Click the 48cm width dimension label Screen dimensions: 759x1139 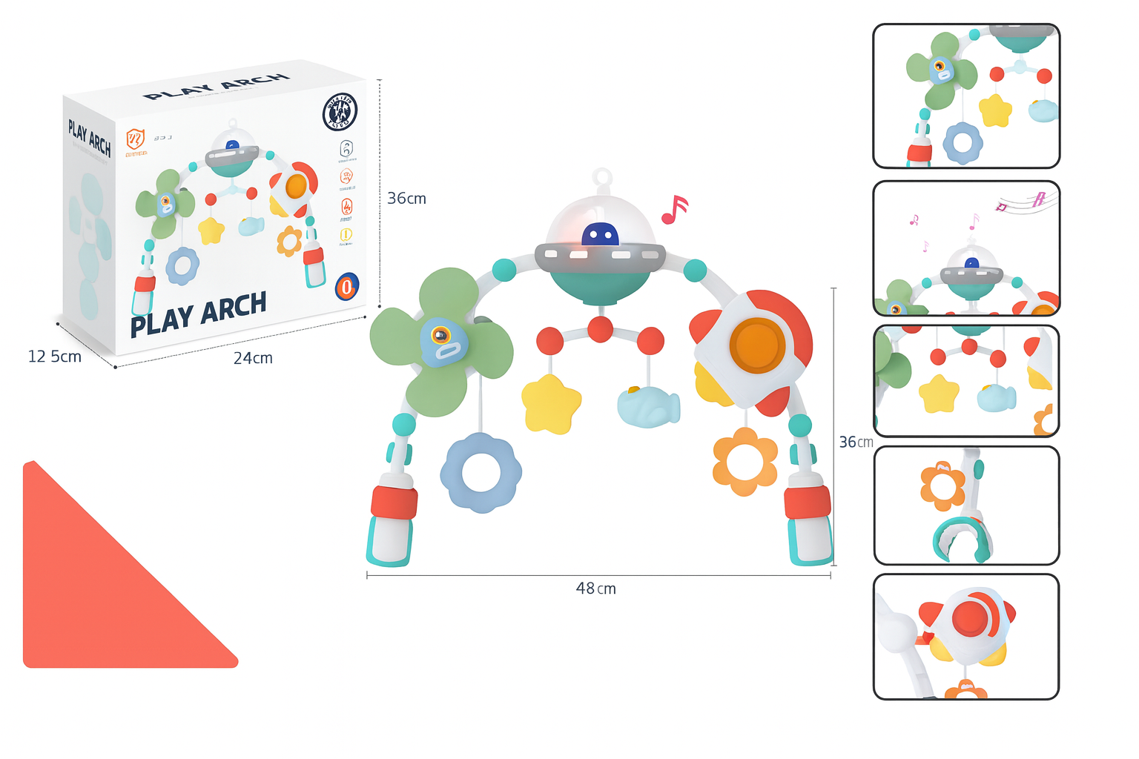coord(595,589)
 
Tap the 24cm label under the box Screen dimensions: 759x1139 coord(253,358)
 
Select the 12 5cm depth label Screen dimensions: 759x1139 coord(54,357)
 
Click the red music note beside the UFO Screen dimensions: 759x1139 coord(674,210)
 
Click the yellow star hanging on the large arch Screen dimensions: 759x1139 coord(550,403)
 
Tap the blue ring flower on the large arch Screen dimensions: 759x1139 coord(481,473)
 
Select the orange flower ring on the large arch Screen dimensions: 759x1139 coord(745,461)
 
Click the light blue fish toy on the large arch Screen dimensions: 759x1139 coord(647,407)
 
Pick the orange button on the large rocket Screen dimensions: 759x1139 coord(756,346)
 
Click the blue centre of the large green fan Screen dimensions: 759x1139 coord(443,342)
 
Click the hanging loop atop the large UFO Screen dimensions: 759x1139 coord(601,178)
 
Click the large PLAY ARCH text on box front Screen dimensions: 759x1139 coord(198,314)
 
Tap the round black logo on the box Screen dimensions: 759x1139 coord(340,112)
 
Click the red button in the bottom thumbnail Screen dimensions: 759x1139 coord(970,618)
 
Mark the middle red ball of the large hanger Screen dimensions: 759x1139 coord(600,328)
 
